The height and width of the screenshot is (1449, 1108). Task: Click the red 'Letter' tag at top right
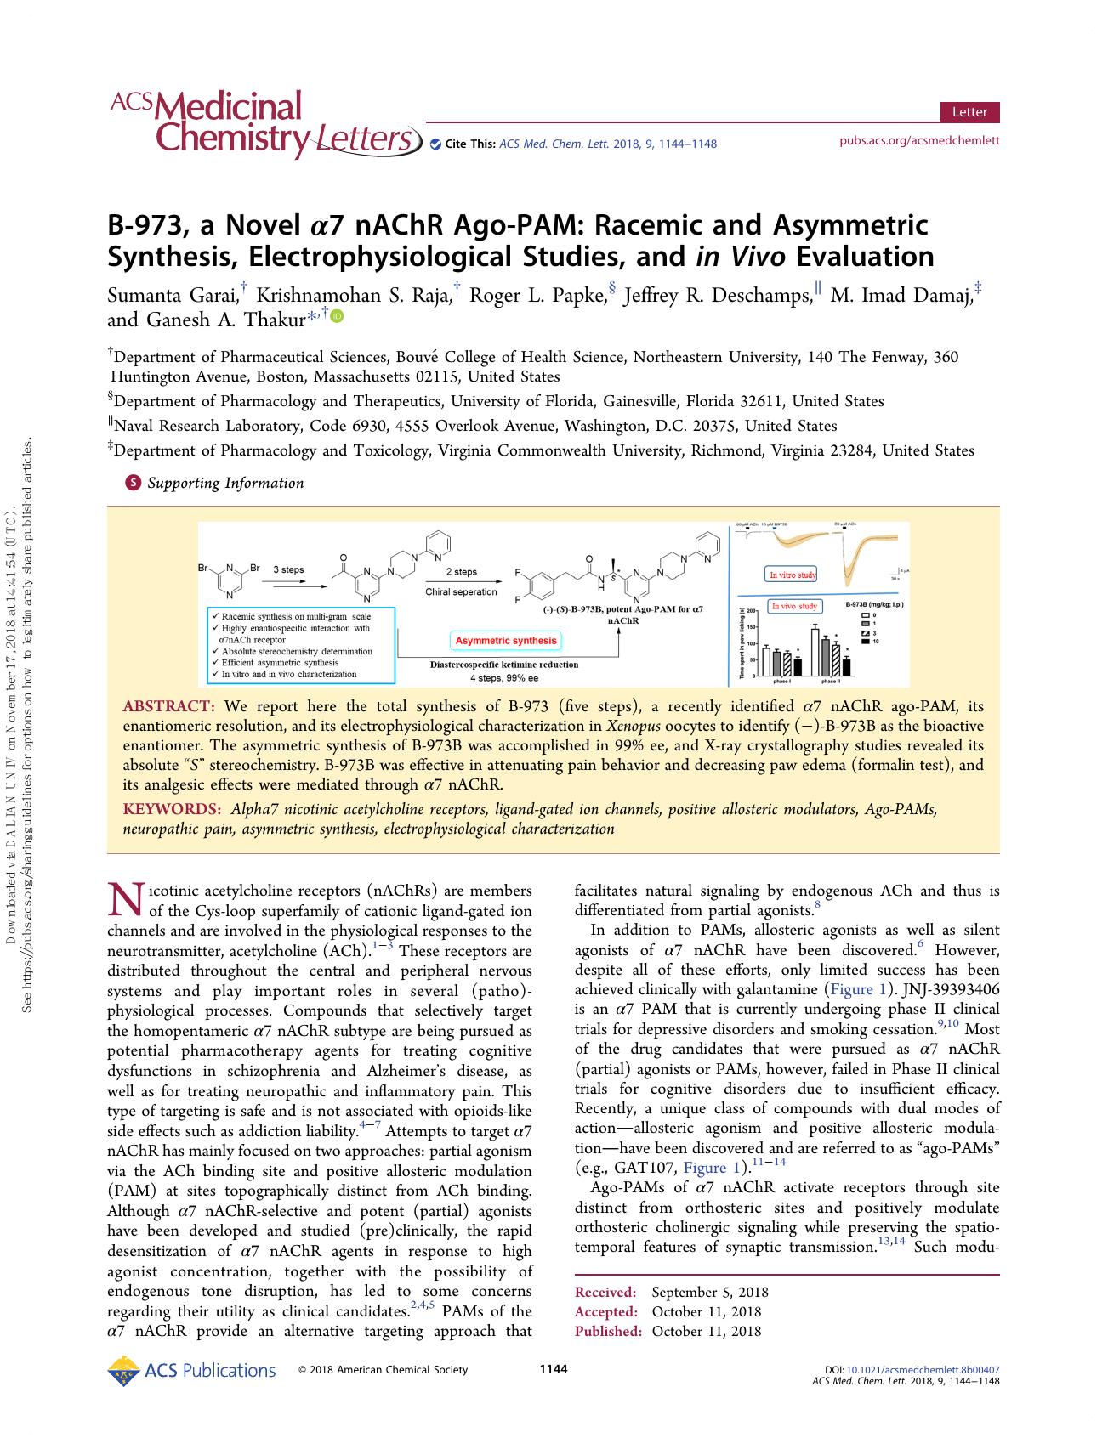pos(969,112)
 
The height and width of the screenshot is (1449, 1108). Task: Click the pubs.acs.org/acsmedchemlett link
pos(919,140)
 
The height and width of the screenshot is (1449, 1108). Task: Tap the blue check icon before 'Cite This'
pos(436,144)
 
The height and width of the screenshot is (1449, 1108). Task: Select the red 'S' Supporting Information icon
pos(133,483)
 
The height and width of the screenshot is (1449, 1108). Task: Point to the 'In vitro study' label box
pos(792,575)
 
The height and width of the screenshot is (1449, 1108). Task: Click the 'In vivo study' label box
pos(793,606)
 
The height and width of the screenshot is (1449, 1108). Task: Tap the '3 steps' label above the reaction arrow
pos(287,570)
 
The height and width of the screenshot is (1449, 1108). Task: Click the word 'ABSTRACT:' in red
pos(168,706)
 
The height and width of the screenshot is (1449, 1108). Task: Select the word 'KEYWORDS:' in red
pos(172,809)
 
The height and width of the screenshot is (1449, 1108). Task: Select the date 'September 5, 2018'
pos(709,1293)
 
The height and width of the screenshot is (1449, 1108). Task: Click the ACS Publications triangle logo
pos(125,1371)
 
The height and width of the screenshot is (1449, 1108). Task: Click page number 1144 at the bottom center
pos(554,1368)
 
